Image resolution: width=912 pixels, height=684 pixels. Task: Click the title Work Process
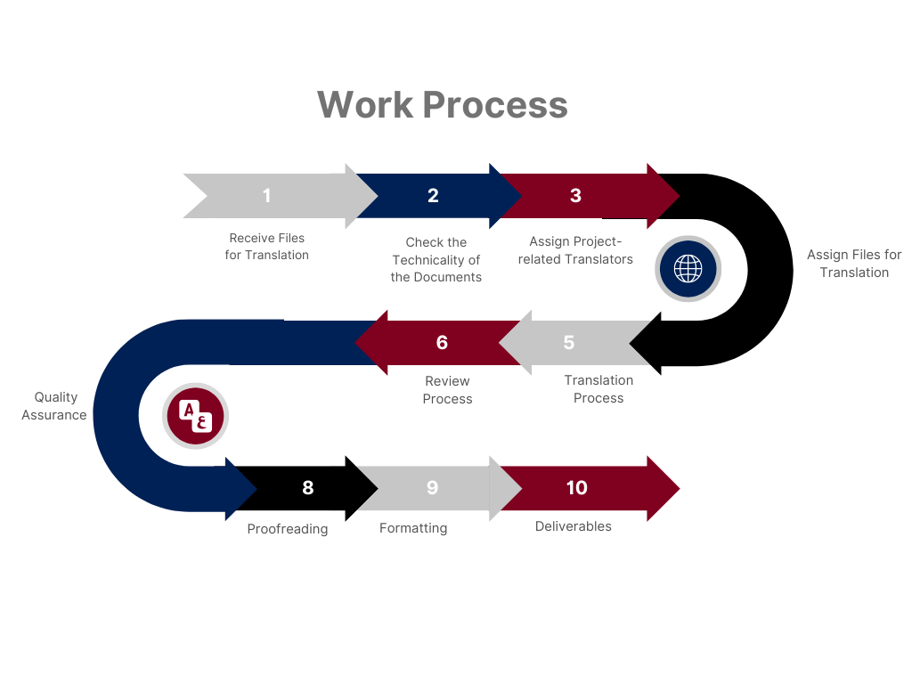[442, 104]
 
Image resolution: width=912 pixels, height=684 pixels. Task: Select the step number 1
[266, 196]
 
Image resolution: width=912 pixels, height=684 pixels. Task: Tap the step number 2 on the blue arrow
[433, 196]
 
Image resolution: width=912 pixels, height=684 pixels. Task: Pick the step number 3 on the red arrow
[575, 196]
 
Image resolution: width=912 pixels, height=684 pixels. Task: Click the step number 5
[569, 343]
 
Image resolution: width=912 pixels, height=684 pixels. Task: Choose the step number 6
[442, 343]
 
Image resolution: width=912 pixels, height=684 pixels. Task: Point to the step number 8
[308, 487]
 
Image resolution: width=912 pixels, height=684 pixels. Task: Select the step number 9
[433, 487]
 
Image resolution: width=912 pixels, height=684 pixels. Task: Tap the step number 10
[577, 487]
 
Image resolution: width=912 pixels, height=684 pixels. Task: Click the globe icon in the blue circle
[688, 268]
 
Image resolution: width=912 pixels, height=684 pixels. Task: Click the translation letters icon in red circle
[196, 416]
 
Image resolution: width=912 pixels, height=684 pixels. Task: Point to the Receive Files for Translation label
[266, 247]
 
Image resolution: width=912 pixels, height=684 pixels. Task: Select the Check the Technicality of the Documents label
[436, 259]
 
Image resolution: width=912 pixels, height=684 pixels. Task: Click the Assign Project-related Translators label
[575, 250]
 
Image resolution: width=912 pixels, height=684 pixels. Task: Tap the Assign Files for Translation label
[854, 264]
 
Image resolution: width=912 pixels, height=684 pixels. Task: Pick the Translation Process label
[598, 389]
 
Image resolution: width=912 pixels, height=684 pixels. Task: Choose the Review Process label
[447, 390]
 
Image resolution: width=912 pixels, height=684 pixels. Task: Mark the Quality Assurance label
[54, 406]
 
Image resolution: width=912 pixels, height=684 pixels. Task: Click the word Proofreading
[288, 529]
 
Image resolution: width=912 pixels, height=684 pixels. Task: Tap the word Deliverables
[574, 526]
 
